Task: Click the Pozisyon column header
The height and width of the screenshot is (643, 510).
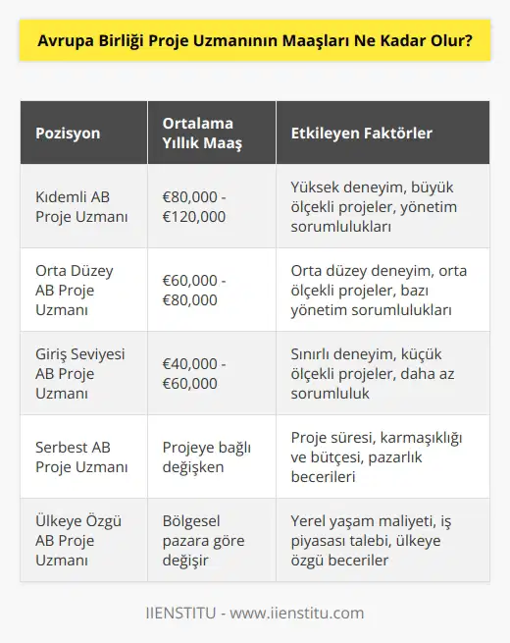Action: pos(70,133)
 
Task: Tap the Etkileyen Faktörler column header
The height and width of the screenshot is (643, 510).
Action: pos(362,133)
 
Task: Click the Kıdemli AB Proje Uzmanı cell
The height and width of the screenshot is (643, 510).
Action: pos(81,206)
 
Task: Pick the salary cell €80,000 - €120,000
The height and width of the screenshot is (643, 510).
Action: pos(196,206)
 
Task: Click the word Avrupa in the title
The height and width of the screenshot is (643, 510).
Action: pos(61,43)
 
